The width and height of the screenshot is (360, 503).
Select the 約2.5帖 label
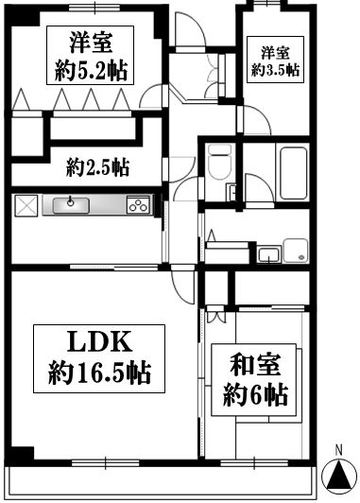point(98,168)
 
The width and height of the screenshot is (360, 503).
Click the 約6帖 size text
point(256,394)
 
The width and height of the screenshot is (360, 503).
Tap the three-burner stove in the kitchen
point(138,206)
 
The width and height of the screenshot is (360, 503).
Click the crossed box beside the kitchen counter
point(25,205)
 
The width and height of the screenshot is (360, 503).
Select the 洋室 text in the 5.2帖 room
point(91,43)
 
